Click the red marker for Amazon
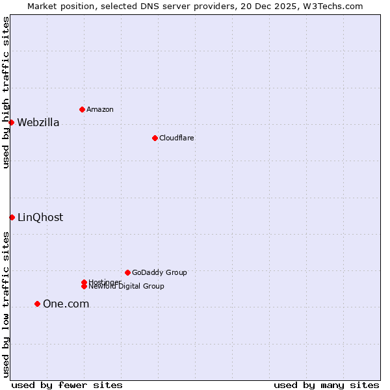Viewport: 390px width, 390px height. point(82,109)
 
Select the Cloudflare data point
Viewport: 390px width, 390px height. point(155,138)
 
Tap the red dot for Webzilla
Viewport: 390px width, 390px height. point(11,122)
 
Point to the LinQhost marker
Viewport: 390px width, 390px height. point(12,217)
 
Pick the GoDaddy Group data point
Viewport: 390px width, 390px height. point(127,272)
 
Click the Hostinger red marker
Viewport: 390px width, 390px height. point(84,282)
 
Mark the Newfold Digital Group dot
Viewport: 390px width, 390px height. point(84,287)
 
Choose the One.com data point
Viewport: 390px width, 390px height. point(37,304)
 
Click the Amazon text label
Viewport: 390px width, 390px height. point(100,109)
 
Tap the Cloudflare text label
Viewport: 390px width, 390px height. point(177,138)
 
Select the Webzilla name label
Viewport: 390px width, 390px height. point(38,122)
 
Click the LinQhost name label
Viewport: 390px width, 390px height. point(40,217)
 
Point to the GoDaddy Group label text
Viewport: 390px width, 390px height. point(159,272)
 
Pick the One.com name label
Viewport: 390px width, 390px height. point(66,304)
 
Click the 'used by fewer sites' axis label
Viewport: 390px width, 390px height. point(67,385)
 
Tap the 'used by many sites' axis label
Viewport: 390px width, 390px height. point(326,385)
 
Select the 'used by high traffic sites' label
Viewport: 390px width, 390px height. point(6,92)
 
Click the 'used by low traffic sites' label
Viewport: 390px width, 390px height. point(6,304)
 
